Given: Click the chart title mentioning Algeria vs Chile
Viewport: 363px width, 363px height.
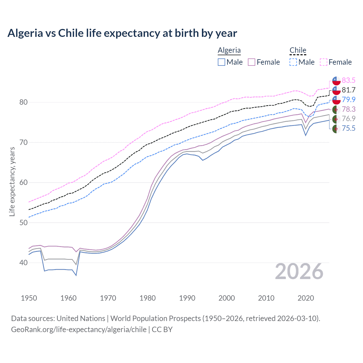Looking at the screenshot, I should (x=122, y=33).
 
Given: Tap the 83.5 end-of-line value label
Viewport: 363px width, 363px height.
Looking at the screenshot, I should (x=349, y=80).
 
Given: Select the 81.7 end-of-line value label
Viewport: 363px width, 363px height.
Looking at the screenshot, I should (x=349, y=90).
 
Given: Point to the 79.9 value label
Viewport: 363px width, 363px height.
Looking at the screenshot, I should (x=349, y=100).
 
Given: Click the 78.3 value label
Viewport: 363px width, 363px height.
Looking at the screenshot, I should (x=349, y=109).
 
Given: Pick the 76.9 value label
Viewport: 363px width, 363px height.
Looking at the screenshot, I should (x=349, y=119).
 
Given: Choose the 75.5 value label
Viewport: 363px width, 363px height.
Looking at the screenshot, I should (x=349, y=128).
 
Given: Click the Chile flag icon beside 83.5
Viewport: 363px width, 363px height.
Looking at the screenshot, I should (x=336, y=81).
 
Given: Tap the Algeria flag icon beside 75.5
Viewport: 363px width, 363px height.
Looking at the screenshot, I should (x=336, y=128).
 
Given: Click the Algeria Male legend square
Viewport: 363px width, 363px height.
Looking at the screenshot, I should (x=221, y=62).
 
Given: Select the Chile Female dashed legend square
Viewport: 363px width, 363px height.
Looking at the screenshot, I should (x=324, y=62).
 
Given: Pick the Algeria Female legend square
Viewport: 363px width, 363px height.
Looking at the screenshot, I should (x=252, y=62).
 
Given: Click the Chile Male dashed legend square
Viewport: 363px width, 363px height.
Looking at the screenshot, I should (x=293, y=62).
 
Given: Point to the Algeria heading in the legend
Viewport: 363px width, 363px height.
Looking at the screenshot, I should (x=229, y=50).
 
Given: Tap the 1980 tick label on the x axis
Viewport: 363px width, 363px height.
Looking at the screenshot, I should (x=147, y=298).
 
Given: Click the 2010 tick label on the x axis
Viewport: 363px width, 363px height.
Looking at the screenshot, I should (x=266, y=298).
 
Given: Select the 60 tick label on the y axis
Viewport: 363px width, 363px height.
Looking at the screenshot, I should (x=23, y=182).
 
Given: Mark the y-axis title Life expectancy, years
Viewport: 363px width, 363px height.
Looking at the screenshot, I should (x=12, y=181).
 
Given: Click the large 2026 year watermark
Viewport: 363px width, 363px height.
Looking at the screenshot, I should (x=299, y=271).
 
